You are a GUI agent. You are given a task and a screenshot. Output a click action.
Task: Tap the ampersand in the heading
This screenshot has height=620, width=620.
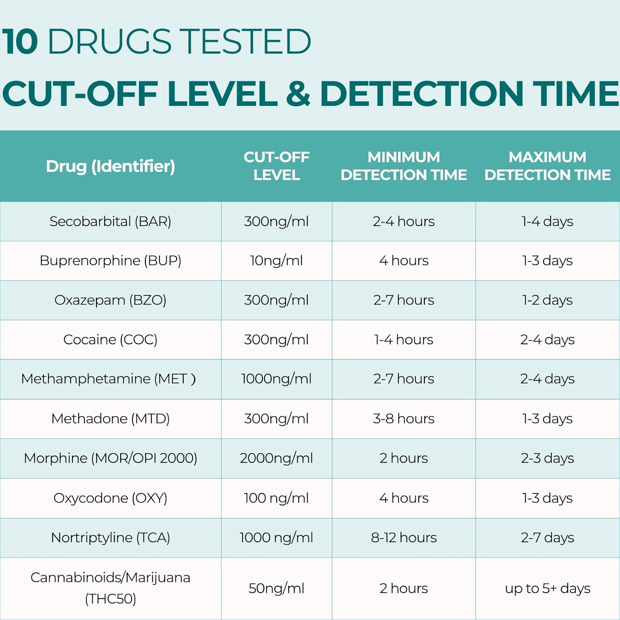[298, 93]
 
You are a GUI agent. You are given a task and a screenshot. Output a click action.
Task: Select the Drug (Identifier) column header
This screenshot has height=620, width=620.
[110, 166]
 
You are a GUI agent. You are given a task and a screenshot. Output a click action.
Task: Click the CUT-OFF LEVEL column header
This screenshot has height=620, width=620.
[277, 166]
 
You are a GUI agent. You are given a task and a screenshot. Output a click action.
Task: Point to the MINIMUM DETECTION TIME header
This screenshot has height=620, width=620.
[403, 166]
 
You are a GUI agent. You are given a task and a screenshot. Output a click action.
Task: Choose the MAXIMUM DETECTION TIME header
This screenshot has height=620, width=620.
[547, 166]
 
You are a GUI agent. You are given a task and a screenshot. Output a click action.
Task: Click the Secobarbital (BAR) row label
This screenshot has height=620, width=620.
[110, 222]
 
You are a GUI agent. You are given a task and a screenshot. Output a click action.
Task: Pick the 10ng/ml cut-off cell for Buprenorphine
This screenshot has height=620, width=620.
[277, 261]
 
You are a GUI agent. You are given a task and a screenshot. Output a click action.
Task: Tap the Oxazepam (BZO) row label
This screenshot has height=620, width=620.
[110, 300]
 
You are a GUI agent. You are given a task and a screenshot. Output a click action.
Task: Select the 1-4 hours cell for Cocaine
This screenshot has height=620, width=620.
[403, 340]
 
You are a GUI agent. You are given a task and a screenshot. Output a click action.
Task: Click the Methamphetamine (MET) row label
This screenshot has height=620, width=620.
[108, 379]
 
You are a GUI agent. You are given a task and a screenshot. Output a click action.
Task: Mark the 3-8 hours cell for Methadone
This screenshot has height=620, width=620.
[403, 419]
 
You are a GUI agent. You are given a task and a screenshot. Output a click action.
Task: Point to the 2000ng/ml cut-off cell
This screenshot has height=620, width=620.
[277, 458]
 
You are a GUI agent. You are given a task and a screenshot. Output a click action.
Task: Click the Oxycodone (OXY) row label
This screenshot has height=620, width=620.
[110, 498]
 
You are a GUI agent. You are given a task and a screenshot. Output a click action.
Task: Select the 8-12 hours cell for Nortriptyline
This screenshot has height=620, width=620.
[403, 538]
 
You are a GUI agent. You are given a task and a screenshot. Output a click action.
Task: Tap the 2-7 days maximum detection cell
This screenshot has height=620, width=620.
[547, 538]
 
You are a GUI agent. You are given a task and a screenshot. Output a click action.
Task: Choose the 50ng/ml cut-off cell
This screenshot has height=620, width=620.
[277, 588]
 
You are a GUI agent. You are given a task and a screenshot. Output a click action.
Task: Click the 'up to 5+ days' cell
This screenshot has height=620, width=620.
[547, 588]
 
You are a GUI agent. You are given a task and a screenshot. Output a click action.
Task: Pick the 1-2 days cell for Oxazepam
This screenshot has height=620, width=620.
[547, 300]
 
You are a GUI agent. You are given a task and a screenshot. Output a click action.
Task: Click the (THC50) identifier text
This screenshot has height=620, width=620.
[110, 599]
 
